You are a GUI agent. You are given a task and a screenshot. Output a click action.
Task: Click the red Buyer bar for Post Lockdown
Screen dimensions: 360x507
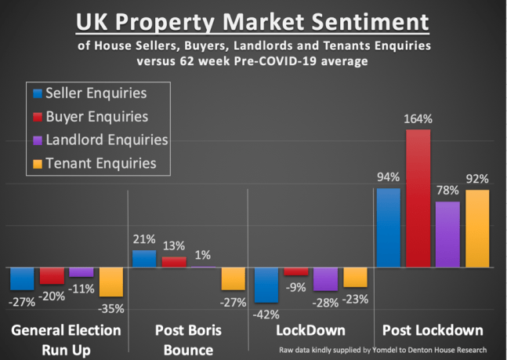click(418, 198)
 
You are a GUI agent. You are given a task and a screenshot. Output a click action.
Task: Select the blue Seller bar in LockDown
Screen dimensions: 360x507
click(266, 285)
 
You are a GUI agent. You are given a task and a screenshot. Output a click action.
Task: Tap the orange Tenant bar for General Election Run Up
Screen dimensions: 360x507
click(111, 282)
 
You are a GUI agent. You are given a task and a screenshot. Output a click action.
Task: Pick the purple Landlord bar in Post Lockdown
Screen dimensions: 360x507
click(447, 235)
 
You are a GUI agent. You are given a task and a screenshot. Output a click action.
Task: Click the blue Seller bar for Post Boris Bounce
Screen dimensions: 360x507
click(144, 260)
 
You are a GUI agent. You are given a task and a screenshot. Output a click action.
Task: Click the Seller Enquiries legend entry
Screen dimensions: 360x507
click(97, 93)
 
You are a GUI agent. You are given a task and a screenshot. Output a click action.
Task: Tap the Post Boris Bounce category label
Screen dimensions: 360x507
click(189, 339)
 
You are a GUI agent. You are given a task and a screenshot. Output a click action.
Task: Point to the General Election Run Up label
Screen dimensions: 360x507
click(67, 339)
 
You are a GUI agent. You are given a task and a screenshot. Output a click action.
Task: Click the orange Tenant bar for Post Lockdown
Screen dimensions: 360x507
click(477, 228)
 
